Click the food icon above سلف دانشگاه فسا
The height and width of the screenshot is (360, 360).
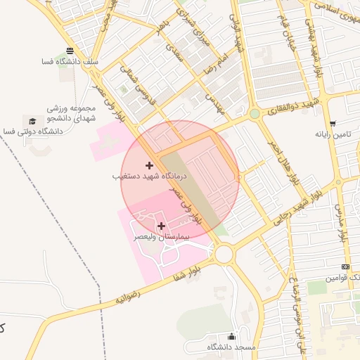[x=70, y=50]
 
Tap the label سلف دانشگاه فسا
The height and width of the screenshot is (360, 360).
[x=70, y=62]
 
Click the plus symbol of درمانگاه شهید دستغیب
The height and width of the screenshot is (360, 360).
[x=149, y=165]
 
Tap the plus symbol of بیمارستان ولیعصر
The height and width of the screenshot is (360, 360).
[x=162, y=226]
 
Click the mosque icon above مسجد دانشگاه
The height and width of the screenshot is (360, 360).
[x=231, y=336]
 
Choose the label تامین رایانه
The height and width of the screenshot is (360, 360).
[x=332, y=134]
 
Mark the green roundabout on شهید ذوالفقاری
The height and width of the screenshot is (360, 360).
[x=254, y=113]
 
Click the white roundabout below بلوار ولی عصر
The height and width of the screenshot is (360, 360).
[x=224, y=254]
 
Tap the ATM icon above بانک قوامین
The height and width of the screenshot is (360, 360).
[x=345, y=266]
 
